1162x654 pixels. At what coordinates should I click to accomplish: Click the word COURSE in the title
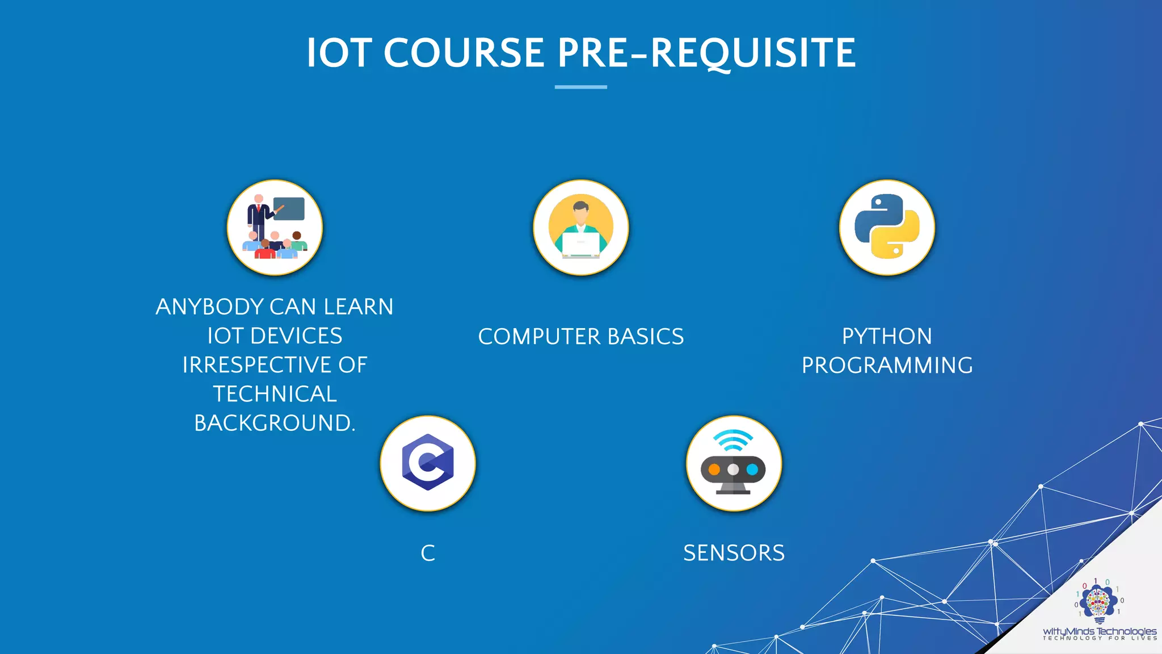(464, 53)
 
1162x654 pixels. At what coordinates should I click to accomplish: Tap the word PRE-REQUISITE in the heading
(706, 53)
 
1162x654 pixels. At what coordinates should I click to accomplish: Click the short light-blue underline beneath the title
(580, 87)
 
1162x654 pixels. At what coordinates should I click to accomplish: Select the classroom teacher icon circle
(275, 228)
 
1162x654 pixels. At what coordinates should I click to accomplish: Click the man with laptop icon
(580, 228)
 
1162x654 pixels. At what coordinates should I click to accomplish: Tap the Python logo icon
(887, 227)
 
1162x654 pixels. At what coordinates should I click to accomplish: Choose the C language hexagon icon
(428, 463)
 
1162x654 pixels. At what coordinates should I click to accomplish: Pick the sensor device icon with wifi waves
(734, 463)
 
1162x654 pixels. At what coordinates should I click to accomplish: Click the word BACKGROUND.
(275, 424)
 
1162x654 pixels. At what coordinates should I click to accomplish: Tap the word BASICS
(646, 337)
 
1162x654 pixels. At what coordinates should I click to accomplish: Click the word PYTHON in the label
(887, 336)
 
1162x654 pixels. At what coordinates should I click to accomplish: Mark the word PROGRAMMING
(887, 366)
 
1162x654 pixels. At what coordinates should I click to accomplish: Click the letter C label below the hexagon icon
(428, 553)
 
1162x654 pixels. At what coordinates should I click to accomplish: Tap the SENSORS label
(734, 553)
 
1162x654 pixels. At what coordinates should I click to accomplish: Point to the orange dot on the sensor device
(714, 469)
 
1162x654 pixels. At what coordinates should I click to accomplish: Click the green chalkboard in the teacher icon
(289, 208)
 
